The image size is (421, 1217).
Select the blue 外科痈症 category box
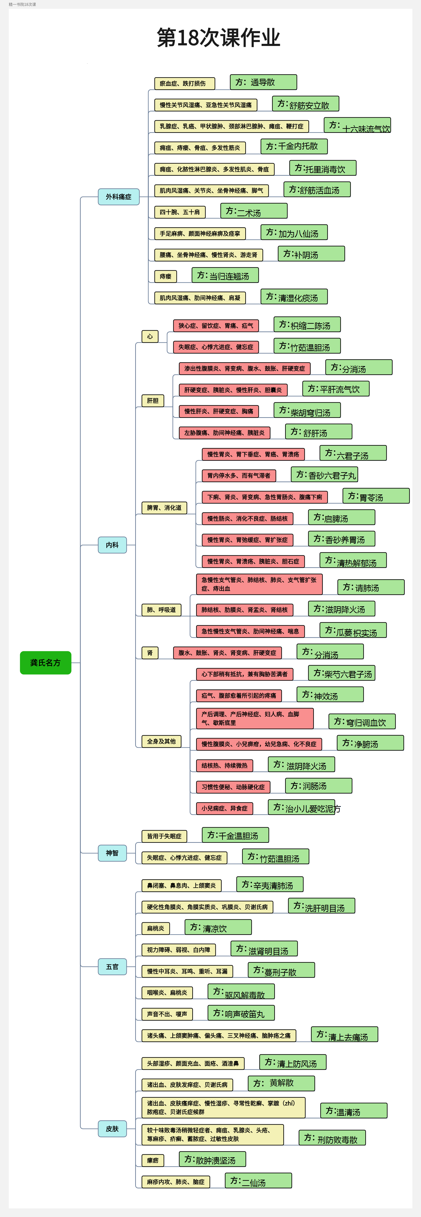coord(119,196)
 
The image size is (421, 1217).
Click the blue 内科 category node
coord(113,545)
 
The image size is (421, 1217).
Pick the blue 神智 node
coord(113,853)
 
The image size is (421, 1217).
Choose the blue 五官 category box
coord(113,967)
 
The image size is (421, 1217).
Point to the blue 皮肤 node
coord(113,1129)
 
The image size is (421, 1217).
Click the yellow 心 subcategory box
coord(150,336)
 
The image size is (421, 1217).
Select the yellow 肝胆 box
coord(153,401)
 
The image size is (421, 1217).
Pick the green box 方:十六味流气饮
coord(357,125)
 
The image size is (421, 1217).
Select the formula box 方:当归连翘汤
coord(225,275)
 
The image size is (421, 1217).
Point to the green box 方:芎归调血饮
coord(362,721)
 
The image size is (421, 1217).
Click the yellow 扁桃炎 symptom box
coord(155,928)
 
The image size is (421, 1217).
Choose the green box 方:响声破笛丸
coord(241,1013)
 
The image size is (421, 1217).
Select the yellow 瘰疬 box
coord(153,1160)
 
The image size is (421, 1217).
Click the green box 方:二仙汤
coord(258,1181)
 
